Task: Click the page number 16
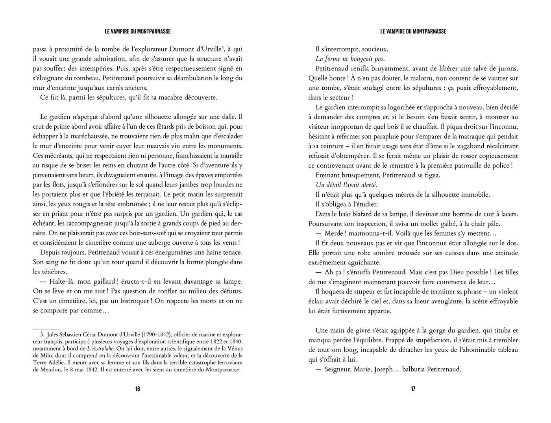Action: tap(137, 389)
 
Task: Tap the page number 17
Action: tap(413, 389)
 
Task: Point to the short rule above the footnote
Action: tap(46, 328)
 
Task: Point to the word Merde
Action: tap(334, 233)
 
